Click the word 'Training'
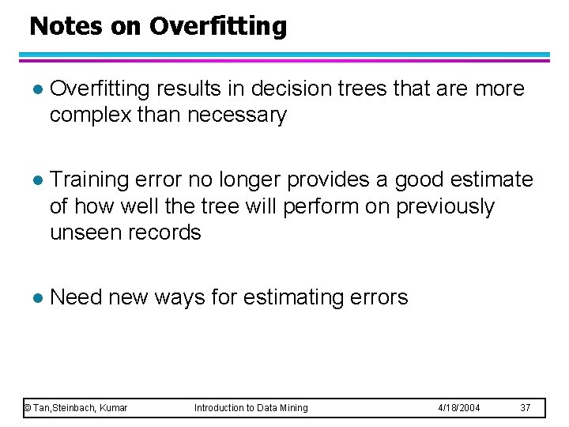coord(89,180)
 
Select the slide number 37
coord(525,408)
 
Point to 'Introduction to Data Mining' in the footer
coord(251,408)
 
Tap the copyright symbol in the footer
coord(27,408)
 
